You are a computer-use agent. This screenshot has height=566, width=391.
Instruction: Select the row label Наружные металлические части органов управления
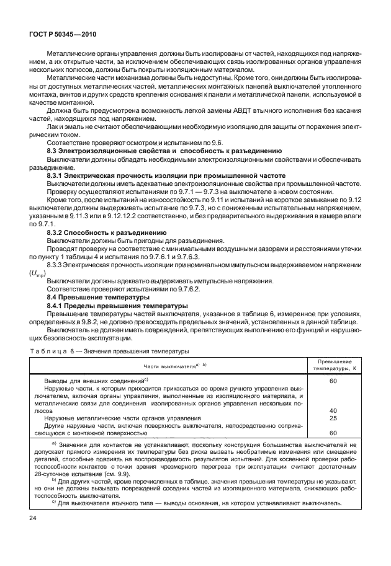(123, 418)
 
